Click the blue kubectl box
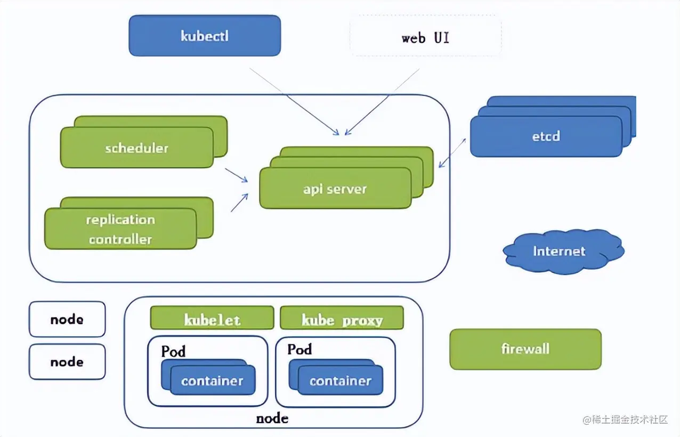[205, 36]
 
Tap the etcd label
[546, 136]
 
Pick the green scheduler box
[136, 148]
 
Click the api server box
[335, 189]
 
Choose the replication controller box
[120, 229]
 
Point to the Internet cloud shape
[560, 252]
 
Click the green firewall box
[525, 349]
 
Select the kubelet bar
[212, 319]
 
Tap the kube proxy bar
[342, 319]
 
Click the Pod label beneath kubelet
[173, 351]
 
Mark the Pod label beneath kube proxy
[299, 350]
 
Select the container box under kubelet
[212, 381]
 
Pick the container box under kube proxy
[340, 381]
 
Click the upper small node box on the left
[67, 319]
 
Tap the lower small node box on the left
[67, 362]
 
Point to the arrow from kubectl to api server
[293, 101]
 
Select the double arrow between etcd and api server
[452, 153]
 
